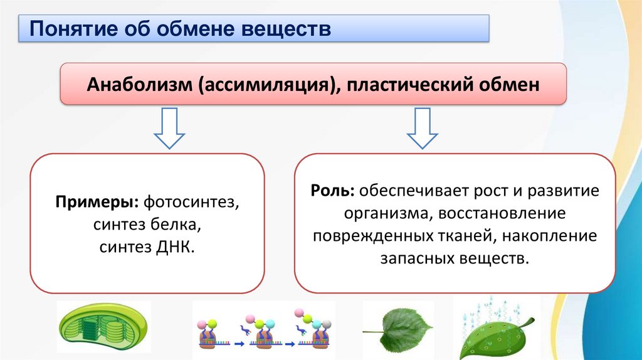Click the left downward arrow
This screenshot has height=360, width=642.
[x=169, y=128]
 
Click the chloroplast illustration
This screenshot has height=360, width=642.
[x=103, y=331]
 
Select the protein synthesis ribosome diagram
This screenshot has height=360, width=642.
[x=263, y=331]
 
